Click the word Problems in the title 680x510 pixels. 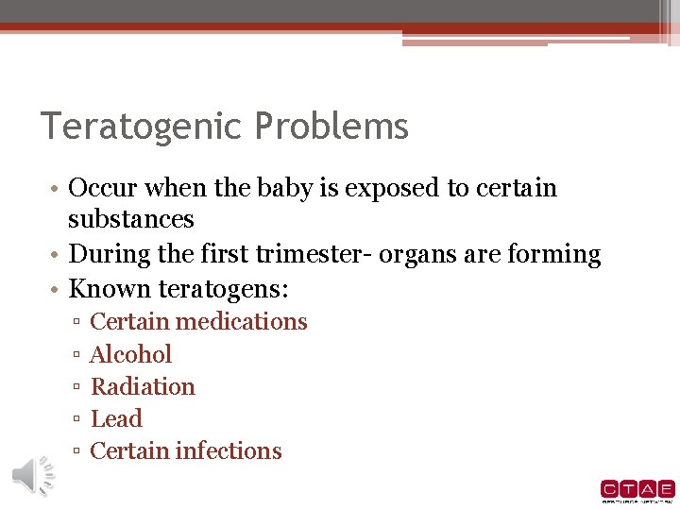coord(333,127)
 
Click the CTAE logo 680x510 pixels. coord(637,490)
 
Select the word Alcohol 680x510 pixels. coord(130,354)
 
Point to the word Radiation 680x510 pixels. coord(143,386)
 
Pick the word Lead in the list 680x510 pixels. coord(116,418)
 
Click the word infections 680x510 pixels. coord(234,450)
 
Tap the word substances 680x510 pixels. coord(130,219)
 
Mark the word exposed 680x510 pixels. coord(391,188)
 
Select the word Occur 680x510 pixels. coord(104,188)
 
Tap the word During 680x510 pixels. coord(107,254)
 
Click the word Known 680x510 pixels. coord(103,288)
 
